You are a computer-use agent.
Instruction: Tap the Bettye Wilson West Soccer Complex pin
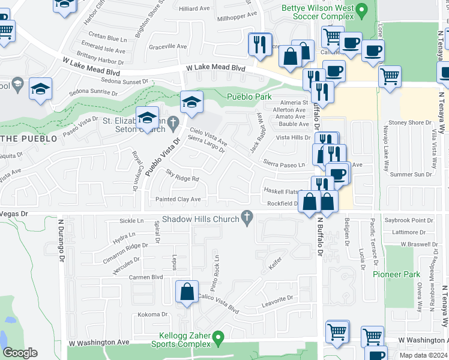pos(361,10)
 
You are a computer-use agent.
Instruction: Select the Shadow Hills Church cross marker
pos(246,219)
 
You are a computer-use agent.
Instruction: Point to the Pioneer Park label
pos(396,274)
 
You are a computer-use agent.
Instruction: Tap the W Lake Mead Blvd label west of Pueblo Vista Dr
pos(91,67)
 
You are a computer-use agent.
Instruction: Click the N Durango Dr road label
pos(61,240)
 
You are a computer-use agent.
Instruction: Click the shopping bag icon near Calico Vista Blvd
pos(187,292)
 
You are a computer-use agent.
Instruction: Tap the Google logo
pos(20,353)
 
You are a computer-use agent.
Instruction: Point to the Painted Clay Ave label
pos(178,199)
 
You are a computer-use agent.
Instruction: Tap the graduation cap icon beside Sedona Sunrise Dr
pos(41,90)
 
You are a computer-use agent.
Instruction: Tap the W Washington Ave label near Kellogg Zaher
pos(99,342)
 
